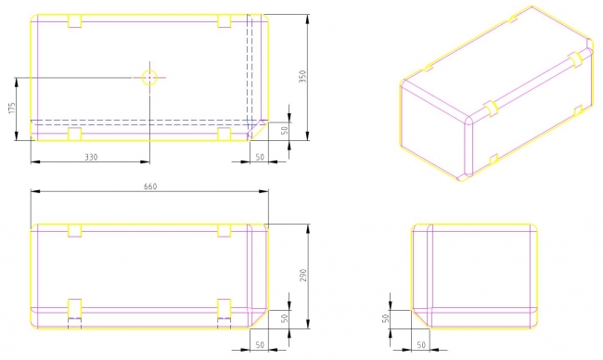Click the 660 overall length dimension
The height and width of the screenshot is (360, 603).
coord(150,186)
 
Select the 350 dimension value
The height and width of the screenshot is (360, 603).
coord(303,76)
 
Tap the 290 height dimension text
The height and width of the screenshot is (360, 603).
coord(303,276)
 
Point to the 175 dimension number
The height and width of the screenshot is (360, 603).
coord(12,108)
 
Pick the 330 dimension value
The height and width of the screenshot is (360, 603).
coord(91,157)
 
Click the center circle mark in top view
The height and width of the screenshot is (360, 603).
coord(149,78)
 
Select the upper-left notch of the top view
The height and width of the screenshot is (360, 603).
coord(74,21)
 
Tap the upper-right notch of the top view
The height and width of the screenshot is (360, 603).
coord(225,21)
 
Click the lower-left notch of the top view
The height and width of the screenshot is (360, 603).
coord(74,135)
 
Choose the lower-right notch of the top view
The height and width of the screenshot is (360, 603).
coord(225,135)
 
